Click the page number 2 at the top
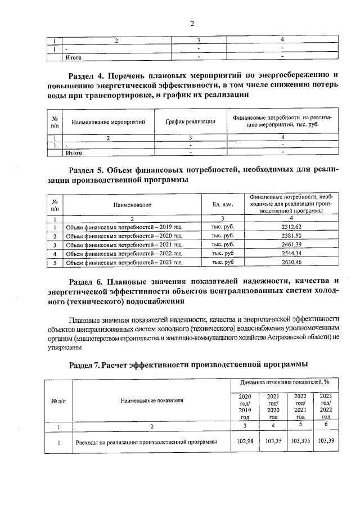(191, 23)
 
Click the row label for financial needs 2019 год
(124, 226)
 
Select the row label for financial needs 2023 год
(124, 262)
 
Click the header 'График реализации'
(190, 121)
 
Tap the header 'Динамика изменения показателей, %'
(285, 382)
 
